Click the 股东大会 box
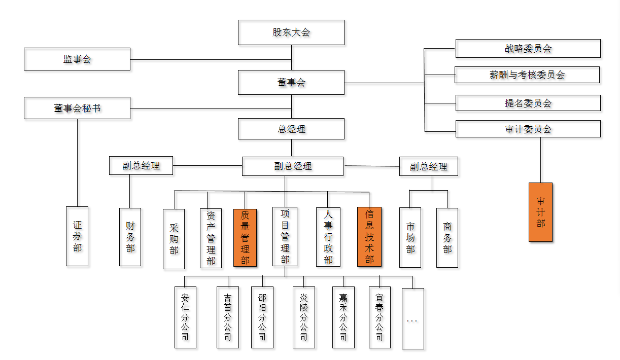[x=291, y=32]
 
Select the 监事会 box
[x=77, y=59]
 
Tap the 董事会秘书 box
[x=77, y=109]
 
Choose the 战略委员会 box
[x=528, y=49]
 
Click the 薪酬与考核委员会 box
[x=527, y=75]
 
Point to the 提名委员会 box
[x=528, y=103]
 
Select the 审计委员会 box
[x=528, y=129]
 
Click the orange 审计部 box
[x=540, y=212]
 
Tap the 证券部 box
[x=77, y=236]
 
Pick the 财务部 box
[x=130, y=237]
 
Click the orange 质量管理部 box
[x=245, y=237]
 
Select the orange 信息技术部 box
[x=369, y=237]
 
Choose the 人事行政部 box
[x=328, y=237]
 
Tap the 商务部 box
[x=447, y=237]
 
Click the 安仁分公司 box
[x=185, y=317]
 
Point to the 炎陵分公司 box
[x=303, y=317]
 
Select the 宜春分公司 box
[x=380, y=317]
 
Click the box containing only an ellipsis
[x=412, y=318]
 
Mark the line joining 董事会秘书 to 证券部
[x=78, y=162]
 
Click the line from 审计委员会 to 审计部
[x=540, y=160]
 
